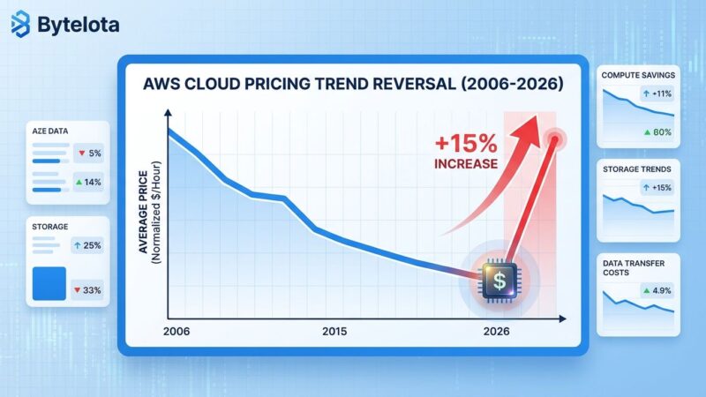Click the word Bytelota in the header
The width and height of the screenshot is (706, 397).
pyautogui.click(x=77, y=25)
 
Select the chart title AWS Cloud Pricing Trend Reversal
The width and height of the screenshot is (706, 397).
pyautogui.click(x=352, y=86)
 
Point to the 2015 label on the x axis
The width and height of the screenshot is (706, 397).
pyautogui.click(x=334, y=331)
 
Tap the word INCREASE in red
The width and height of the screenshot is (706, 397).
pyautogui.click(x=465, y=164)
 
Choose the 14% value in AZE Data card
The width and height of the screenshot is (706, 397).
pyautogui.click(x=89, y=182)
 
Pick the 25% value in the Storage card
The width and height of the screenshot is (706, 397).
pyautogui.click(x=89, y=244)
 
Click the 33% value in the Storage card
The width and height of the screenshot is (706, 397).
pyautogui.click(x=89, y=289)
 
